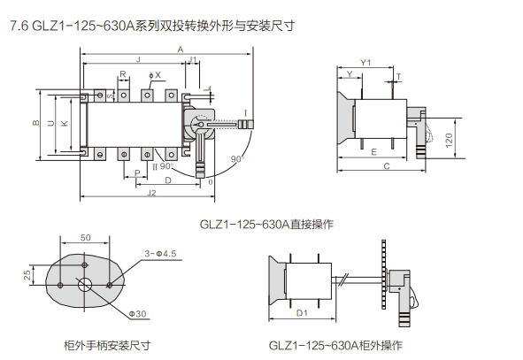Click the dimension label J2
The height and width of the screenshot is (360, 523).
click(151, 193)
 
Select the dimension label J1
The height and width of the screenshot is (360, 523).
click(193, 59)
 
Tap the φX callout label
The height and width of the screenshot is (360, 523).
click(155, 75)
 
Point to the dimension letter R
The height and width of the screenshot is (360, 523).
click(123, 74)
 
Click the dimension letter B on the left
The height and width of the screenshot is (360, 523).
click(35, 123)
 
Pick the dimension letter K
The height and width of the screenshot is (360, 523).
click(65, 123)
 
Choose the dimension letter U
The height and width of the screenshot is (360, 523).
click(50, 123)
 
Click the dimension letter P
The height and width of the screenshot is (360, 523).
click(137, 173)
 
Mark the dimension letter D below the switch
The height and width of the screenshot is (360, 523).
click(168, 180)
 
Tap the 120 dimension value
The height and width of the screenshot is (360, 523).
click(449, 141)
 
